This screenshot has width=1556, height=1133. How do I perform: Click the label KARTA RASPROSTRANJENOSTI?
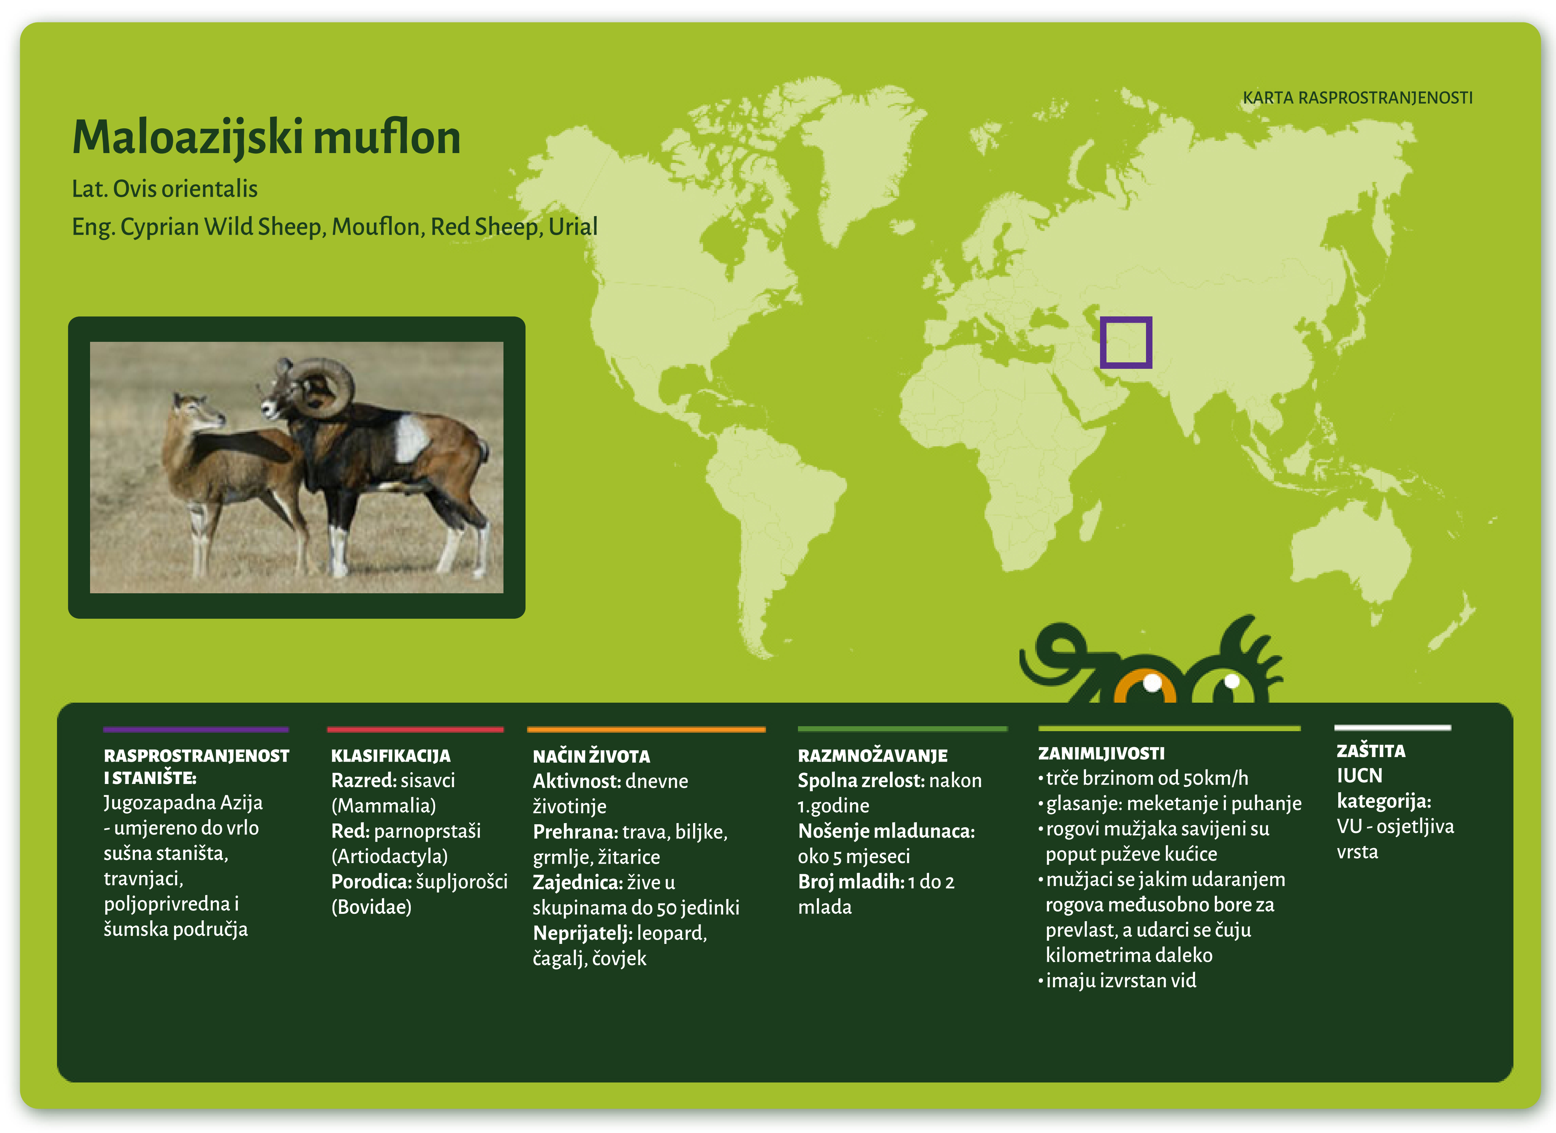point(1357,98)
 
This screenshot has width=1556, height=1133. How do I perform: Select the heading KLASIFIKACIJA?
point(390,756)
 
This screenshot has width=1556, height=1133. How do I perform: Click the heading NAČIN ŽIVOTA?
point(591,757)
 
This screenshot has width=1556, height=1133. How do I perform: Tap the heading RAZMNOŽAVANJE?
point(872,756)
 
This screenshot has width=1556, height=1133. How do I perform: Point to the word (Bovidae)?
point(371,907)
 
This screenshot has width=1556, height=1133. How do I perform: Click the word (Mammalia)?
point(383,806)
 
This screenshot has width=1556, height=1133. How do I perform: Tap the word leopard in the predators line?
point(671,934)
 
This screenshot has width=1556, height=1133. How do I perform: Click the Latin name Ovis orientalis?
point(185,189)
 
